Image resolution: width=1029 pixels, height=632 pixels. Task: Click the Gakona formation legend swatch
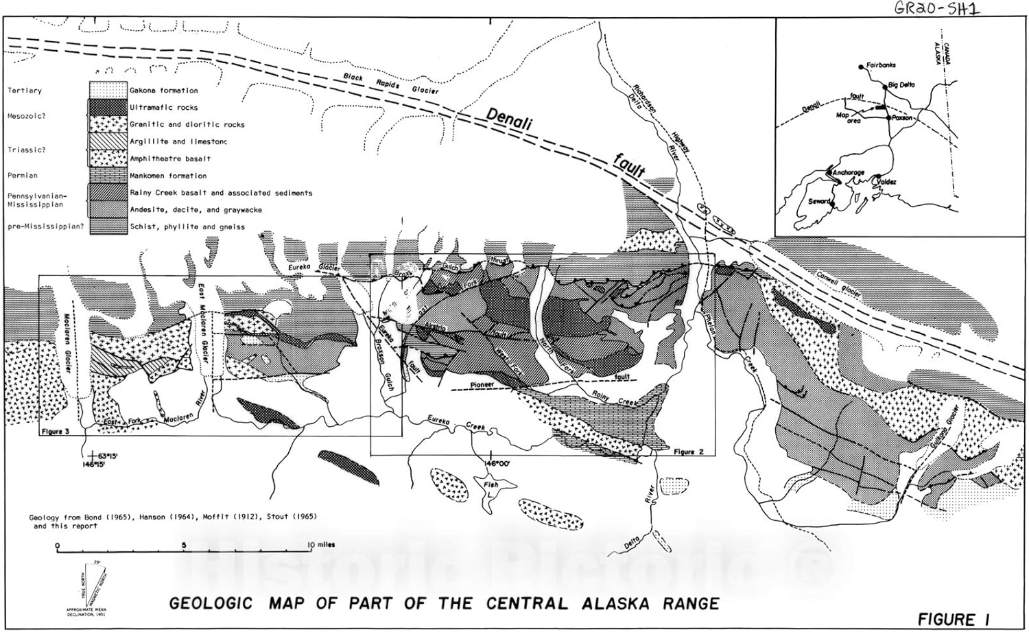[108, 90]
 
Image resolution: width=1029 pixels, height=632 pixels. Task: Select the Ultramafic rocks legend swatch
[108, 107]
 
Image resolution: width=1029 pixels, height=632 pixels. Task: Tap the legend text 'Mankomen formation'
[168, 176]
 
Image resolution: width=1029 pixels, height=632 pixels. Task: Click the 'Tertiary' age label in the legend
[25, 91]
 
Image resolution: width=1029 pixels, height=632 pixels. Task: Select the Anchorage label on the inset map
[848, 172]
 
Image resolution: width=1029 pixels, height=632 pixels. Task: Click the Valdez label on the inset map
[886, 182]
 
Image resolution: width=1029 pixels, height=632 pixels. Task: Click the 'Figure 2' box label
[688, 452]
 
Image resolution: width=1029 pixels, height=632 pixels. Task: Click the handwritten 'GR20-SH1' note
[937, 8]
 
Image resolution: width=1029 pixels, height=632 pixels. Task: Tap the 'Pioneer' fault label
[482, 385]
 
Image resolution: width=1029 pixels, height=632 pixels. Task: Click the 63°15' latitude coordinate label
[108, 455]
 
